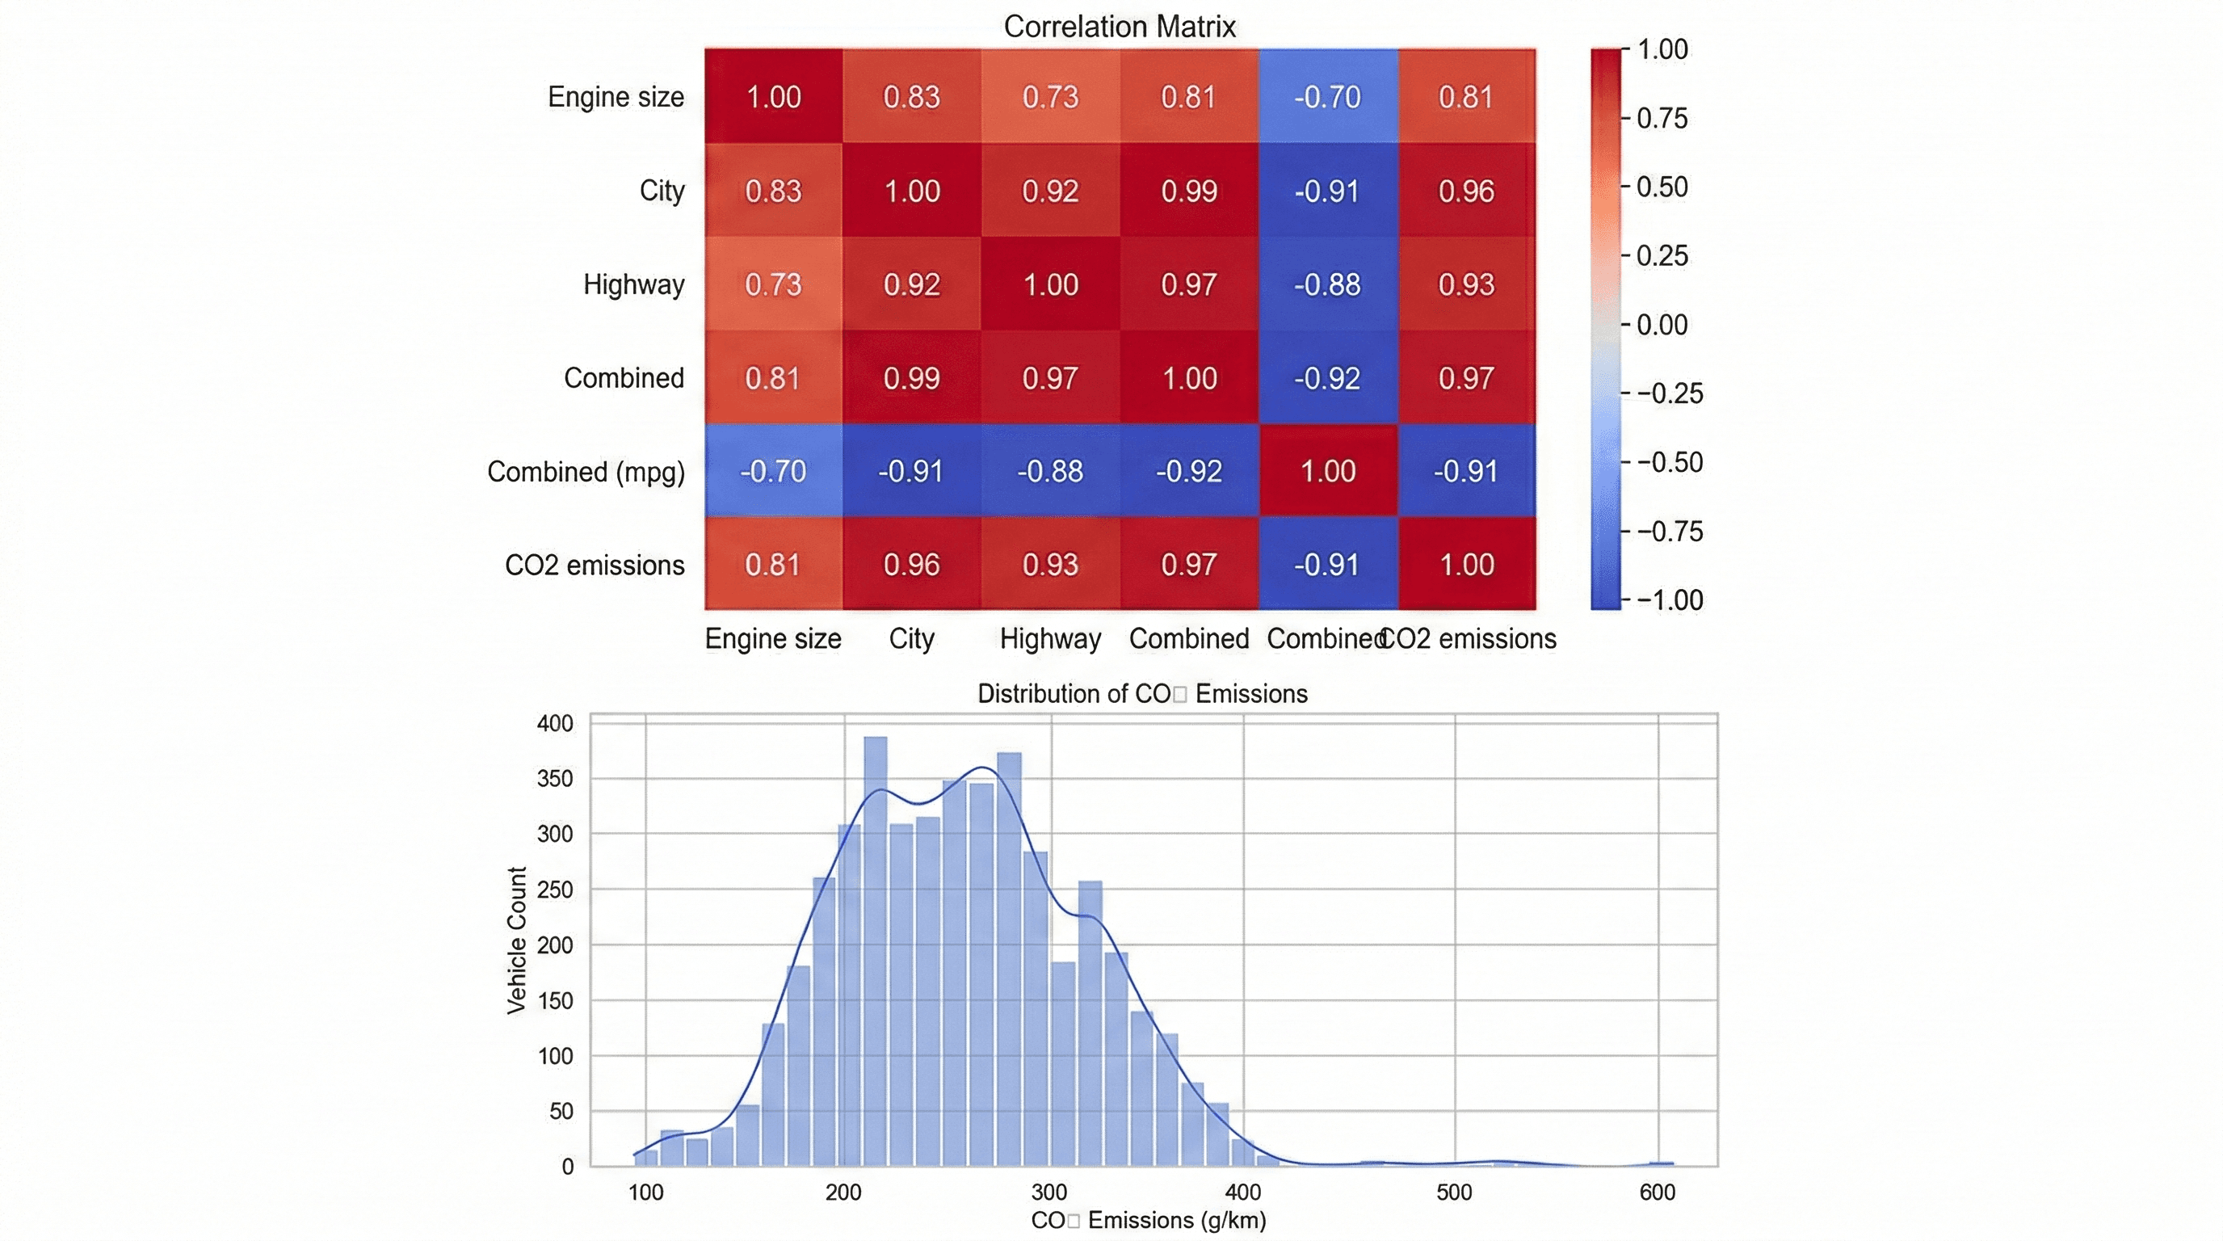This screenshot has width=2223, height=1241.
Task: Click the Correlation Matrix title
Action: [1120, 27]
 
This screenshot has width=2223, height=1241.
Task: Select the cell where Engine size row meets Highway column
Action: [1050, 97]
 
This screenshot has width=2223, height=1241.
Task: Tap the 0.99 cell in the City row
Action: [1188, 191]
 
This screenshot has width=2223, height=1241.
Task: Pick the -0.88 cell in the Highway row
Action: [1327, 284]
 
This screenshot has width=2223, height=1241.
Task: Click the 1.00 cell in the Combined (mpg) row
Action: [1327, 471]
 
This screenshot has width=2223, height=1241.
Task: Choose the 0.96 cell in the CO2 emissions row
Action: [911, 565]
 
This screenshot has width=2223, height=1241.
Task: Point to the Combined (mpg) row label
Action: [586, 472]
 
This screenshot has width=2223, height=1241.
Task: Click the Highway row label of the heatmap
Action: [633, 284]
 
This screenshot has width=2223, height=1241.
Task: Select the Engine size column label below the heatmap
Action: [772, 638]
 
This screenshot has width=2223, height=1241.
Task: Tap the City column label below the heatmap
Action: [911, 638]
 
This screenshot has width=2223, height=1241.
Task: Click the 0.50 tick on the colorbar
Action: [1662, 187]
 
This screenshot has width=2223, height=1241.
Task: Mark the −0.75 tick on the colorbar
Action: [1669, 532]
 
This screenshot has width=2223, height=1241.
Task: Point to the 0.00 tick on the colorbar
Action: [1662, 326]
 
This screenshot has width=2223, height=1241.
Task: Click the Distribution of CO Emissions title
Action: [1141, 694]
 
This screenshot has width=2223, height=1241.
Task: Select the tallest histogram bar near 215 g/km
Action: [875, 949]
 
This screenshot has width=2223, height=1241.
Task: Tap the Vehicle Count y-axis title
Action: [517, 940]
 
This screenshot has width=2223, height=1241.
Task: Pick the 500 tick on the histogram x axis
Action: [1453, 1193]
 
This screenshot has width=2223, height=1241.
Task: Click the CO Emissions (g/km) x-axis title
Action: [1149, 1220]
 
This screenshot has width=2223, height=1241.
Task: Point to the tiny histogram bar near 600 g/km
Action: [1662, 1163]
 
